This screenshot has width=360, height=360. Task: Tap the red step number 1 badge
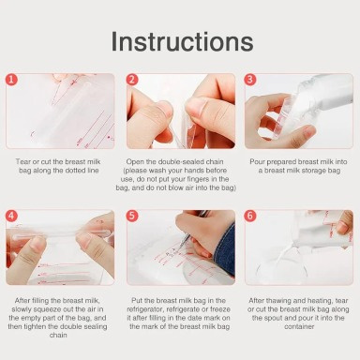pos(12,81)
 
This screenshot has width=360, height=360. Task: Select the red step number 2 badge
pos(132,81)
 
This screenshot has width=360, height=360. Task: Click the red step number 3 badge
pos(251,81)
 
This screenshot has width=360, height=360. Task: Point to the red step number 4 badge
pos(12,217)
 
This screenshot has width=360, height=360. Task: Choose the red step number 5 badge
pos(132,217)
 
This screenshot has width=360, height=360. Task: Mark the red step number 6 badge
pos(251,217)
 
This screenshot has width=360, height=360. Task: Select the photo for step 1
pos(60,111)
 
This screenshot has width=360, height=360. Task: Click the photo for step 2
pos(180,111)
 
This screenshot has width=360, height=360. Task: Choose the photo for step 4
pos(60,247)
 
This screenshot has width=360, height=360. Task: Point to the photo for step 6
pos(299,247)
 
